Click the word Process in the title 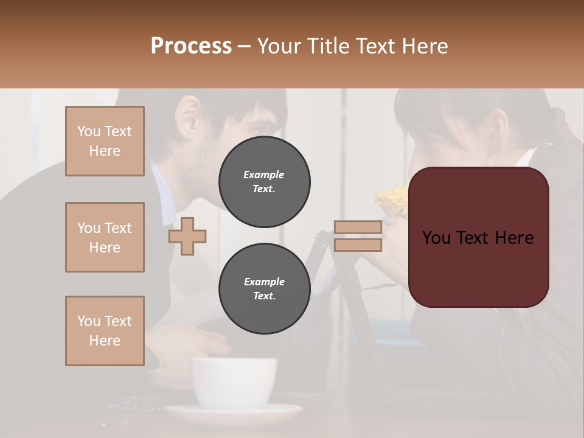click(191, 46)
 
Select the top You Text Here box click(105, 141)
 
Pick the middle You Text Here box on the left click(105, 237)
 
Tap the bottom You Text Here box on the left click(105, 331)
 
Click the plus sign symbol click(187, 236)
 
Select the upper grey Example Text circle click(264, 182)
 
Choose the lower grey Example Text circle click(264, 289)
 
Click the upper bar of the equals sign click(358, 228)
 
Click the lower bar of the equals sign click(358, 245)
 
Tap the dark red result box click(479, 237)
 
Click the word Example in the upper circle click(264, 175)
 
